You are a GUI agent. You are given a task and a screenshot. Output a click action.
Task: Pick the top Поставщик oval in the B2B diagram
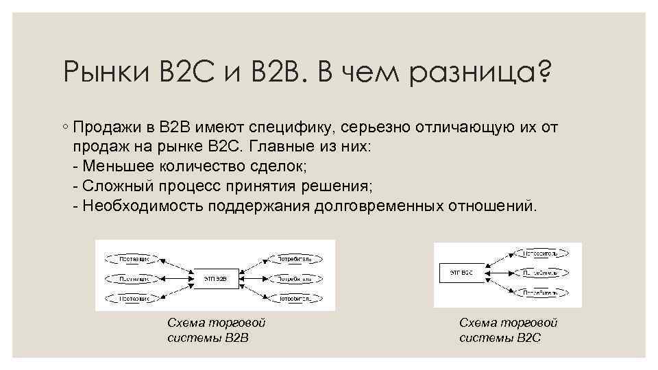click(131, 260)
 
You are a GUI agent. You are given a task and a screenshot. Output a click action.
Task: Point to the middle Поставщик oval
click(131, 279)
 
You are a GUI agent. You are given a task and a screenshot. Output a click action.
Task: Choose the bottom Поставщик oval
click(131, 299)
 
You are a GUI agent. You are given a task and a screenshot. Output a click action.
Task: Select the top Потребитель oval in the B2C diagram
click(540, 254)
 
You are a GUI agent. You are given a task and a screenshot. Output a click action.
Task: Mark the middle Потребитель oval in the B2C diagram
click(540, 273)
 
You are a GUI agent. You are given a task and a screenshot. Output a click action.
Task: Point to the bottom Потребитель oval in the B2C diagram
click(540, 292)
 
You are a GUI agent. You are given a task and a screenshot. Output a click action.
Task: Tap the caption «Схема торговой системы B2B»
click(216, 330)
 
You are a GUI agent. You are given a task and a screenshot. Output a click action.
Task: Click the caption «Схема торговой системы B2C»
click(508, 330)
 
